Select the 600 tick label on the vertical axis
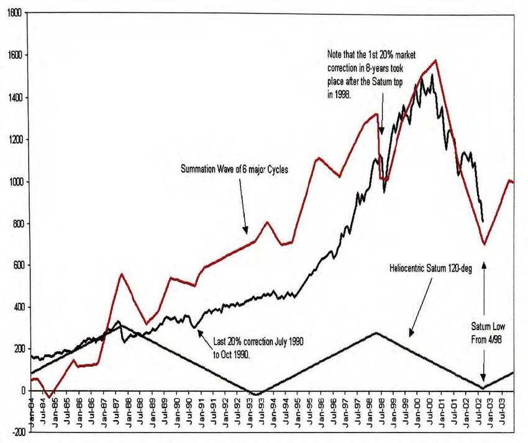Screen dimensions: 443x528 coord(15,266)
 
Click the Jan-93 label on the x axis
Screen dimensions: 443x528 coord(250,411)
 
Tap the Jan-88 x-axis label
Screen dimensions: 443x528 coord(129,411)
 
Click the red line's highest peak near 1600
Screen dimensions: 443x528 coord(436,60)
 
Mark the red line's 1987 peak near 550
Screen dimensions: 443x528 coord(122,274)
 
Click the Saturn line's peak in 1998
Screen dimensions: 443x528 coord(375,333)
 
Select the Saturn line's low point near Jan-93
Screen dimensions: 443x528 coord(254,394)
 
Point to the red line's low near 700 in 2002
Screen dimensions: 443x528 coord(484,244)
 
